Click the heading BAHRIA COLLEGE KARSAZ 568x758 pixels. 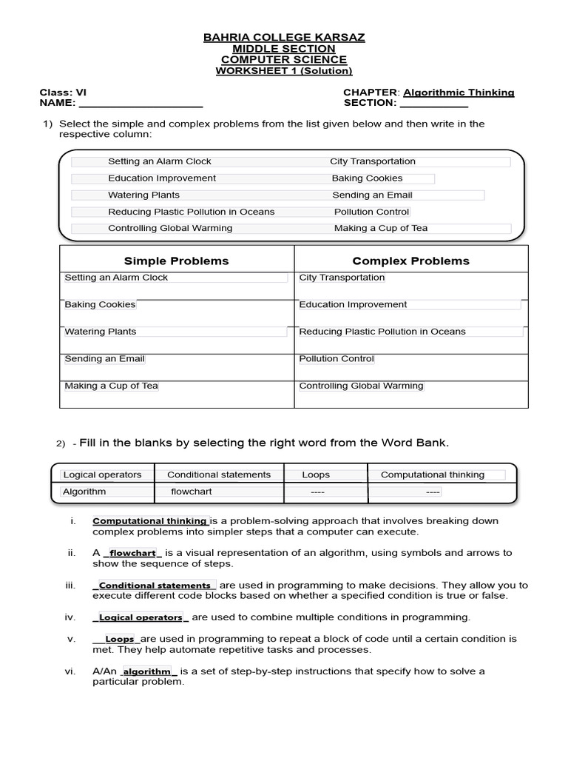click(x=284, y=37)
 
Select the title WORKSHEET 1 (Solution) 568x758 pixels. click(x=284, y=71)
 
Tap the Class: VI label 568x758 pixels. click(x=63, y=93)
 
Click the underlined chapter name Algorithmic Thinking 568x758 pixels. click(x=459, y=93)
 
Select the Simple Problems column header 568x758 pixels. click(x=176, y=261)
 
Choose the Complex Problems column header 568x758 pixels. click(x=410, y=261)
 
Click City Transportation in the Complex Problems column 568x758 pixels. click(x=342, y=278)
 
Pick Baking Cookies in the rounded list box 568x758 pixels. click(x=367, y=178)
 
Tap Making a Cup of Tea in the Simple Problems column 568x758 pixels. click(x=111, y=386)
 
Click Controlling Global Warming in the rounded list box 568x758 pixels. click(x=170, y=228)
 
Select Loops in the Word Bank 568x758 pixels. click(x=316, y=474)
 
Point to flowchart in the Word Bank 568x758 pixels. click(x=192, y=492)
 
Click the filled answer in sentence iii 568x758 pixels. click(x=155, y=586)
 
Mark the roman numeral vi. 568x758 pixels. click(x=70, y=671)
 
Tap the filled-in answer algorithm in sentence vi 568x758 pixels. click(x=147, y=671)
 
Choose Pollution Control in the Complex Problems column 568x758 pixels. click(x=337, y=359)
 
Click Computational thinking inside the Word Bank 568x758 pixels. click(x=433, y=474)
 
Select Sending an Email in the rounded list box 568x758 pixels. click(x=372, y=195)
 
